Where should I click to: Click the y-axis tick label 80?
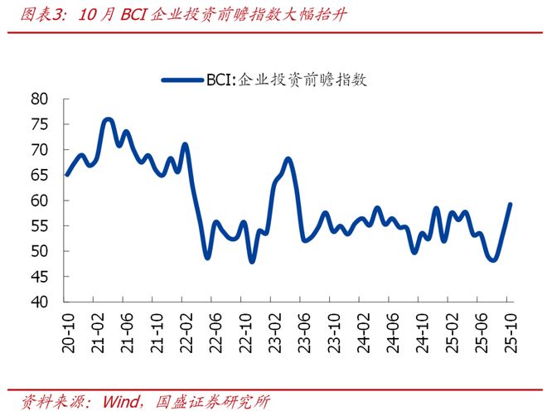41,99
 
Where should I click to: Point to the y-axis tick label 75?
41,124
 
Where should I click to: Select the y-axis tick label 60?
41,201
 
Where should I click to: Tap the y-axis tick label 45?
41,277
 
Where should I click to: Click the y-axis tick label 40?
41,302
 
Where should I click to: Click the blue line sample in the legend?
182,80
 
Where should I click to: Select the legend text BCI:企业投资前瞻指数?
286,80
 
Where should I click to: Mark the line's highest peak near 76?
108,119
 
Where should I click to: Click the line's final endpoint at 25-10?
510,205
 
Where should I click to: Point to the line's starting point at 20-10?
66,175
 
